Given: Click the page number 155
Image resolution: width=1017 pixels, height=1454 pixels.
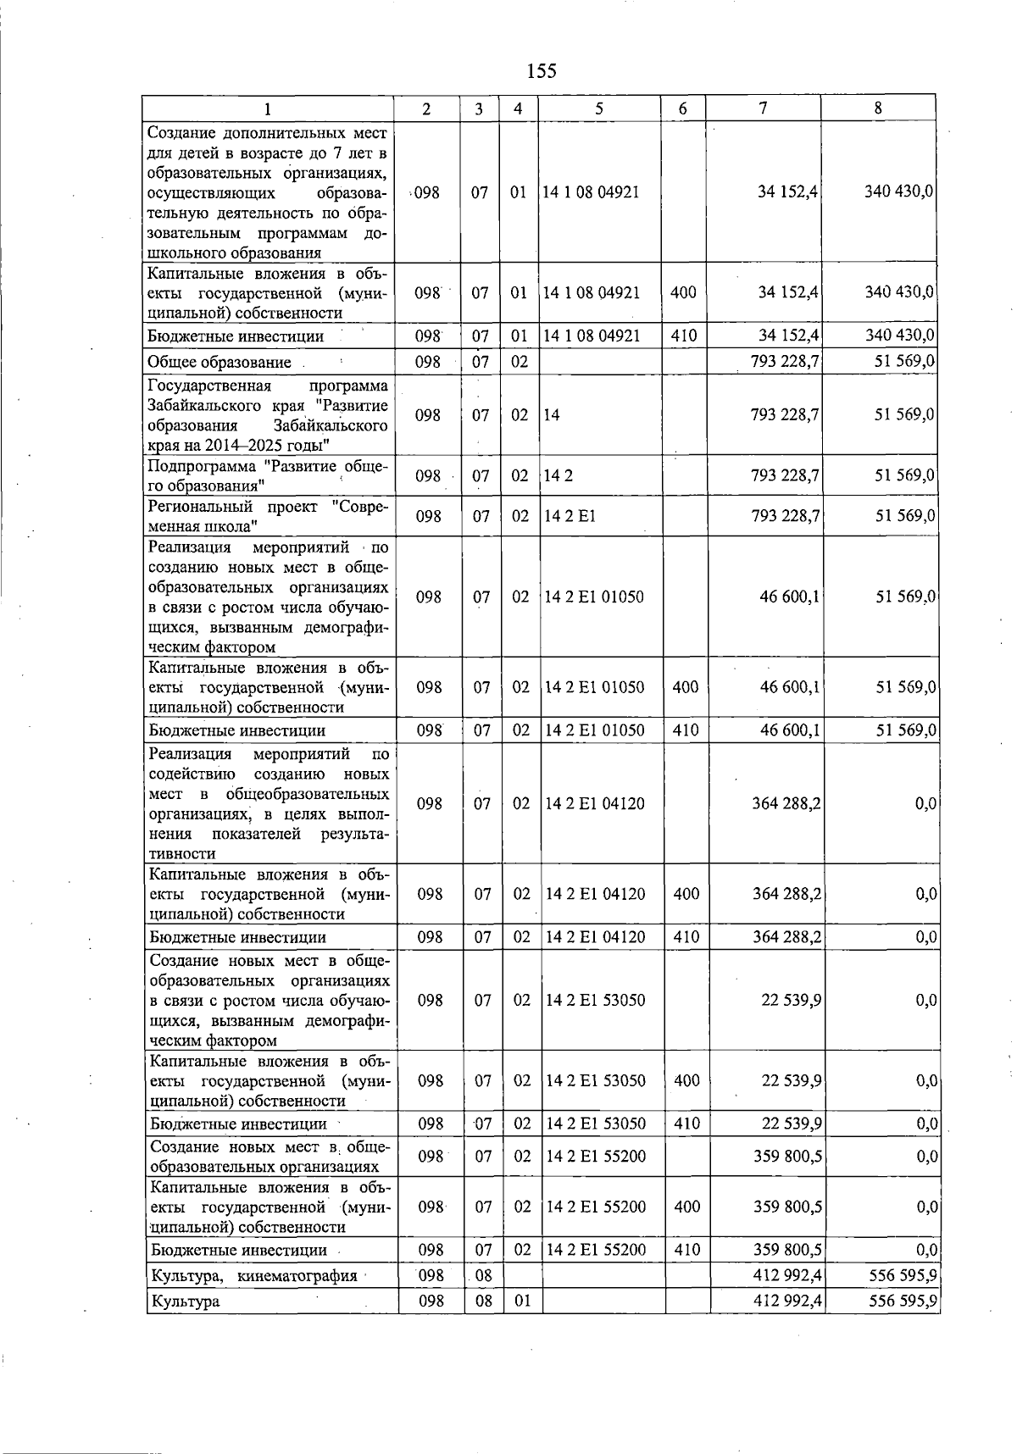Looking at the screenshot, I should tap(542, 70).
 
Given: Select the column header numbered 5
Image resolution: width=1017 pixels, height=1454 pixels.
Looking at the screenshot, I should tap(599, 108).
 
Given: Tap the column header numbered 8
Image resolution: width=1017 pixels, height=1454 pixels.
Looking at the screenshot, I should tap(878, 108).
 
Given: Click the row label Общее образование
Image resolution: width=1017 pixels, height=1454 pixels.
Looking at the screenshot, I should tap(220, 363).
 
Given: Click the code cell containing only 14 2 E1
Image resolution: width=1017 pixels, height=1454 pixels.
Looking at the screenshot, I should tap(570, 516).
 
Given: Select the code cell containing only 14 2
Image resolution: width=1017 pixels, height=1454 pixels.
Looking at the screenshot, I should tap(559, 476).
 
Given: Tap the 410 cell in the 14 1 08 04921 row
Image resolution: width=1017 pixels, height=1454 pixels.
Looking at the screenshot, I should tap(683, 336).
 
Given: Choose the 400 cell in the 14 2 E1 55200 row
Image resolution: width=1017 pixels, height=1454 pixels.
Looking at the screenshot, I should tap(686, 1207).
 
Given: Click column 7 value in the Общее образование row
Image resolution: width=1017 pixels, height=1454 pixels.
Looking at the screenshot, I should tap(785, 362).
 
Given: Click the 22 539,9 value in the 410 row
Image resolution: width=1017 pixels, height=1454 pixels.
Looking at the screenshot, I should tap(791, 1124).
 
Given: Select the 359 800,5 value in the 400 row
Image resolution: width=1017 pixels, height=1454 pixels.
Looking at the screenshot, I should tap(787, 1207).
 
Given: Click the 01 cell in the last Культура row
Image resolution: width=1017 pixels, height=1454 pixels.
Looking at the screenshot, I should tap(523, 1301).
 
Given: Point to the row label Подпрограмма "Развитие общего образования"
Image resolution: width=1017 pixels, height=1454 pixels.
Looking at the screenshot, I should tap(268, 476).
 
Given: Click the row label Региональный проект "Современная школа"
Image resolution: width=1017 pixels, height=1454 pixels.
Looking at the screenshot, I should tap(268, 516).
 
